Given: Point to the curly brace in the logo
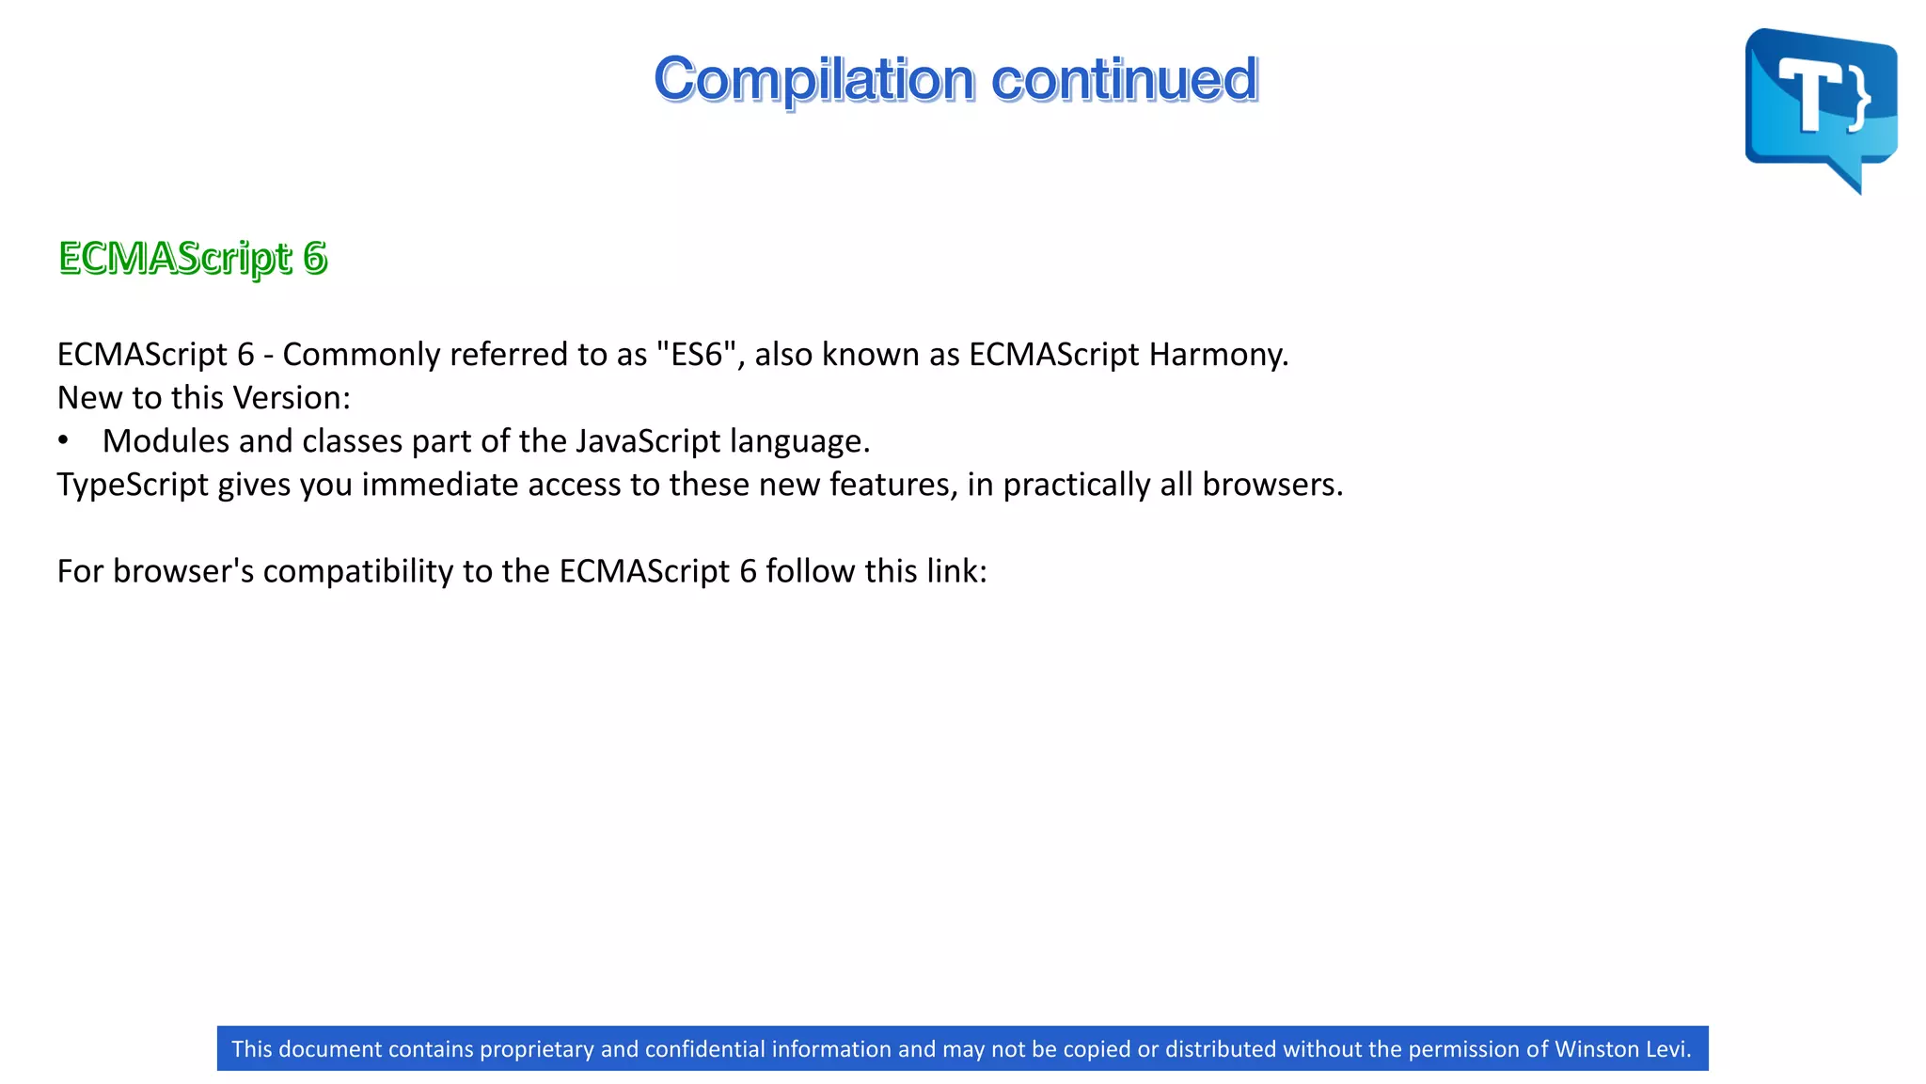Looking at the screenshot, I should (x=1858, y=98).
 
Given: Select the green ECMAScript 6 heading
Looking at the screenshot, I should (x=193, y=258).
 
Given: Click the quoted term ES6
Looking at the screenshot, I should (x=696, y=355).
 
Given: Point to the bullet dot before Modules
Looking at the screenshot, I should (x=63, y=440).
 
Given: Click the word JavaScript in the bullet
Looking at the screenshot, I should (x=648, y=441).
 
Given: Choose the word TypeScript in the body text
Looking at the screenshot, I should (x=133, y=485).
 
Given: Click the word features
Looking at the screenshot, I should (x=892, y=485).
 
